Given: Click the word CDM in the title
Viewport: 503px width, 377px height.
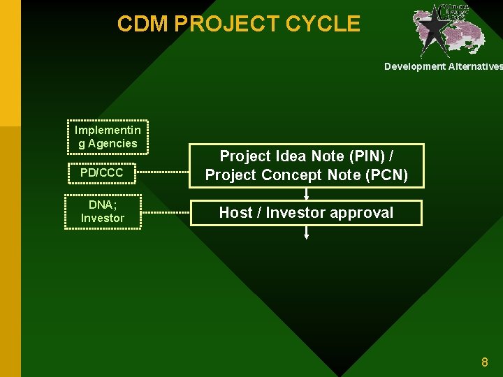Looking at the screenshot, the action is tap(143, 24).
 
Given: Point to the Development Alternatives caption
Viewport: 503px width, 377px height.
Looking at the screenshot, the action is tap(443, 66).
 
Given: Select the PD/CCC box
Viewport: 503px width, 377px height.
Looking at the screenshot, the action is tap(102, 172).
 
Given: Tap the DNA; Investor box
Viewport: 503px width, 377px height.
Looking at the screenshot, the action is tap(103, 212).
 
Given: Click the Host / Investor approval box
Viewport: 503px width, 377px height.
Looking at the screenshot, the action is tap(306, 213).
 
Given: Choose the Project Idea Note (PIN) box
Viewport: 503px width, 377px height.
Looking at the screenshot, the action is tap(306, 165).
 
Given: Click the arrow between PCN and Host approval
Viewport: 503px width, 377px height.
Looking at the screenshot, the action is tap(306, 194).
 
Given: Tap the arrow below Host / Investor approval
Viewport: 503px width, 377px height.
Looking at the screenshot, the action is tap(306, 233).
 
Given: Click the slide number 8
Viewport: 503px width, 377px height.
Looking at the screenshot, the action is tap(484, 362).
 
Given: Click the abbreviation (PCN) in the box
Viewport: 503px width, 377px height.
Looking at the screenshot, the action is tap(387, 175).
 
